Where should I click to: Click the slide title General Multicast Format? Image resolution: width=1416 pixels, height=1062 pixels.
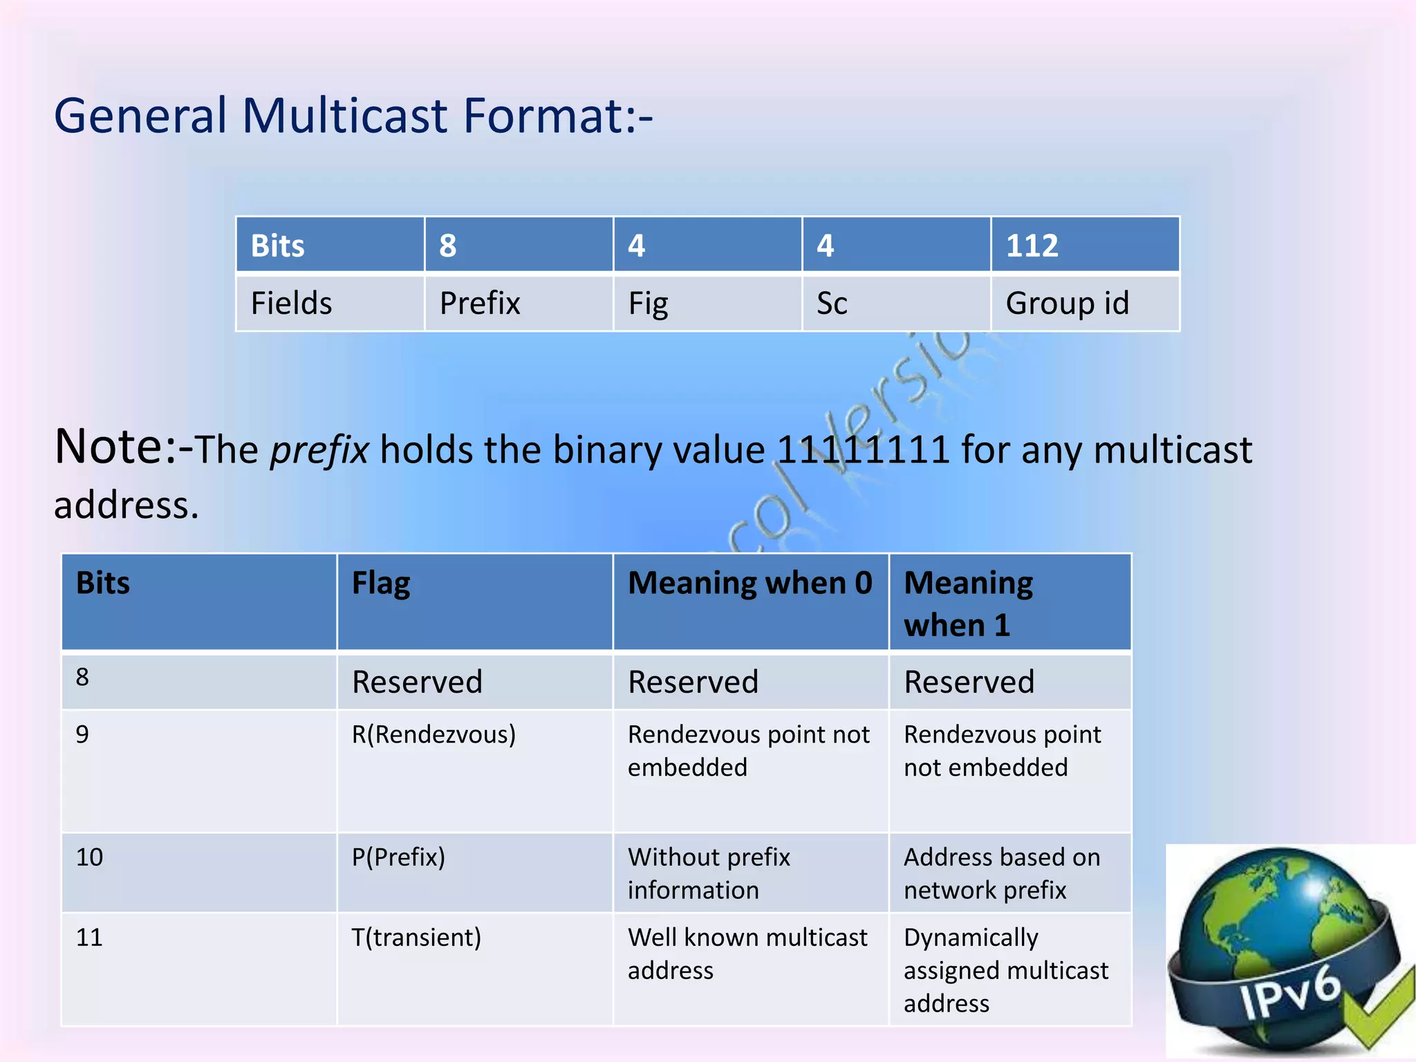point(353,115)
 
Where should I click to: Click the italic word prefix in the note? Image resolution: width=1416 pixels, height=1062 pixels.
point(319,450)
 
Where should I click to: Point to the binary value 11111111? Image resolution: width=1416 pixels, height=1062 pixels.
point(862,450)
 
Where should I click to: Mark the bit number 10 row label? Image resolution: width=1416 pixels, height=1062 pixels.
point(90,857)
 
